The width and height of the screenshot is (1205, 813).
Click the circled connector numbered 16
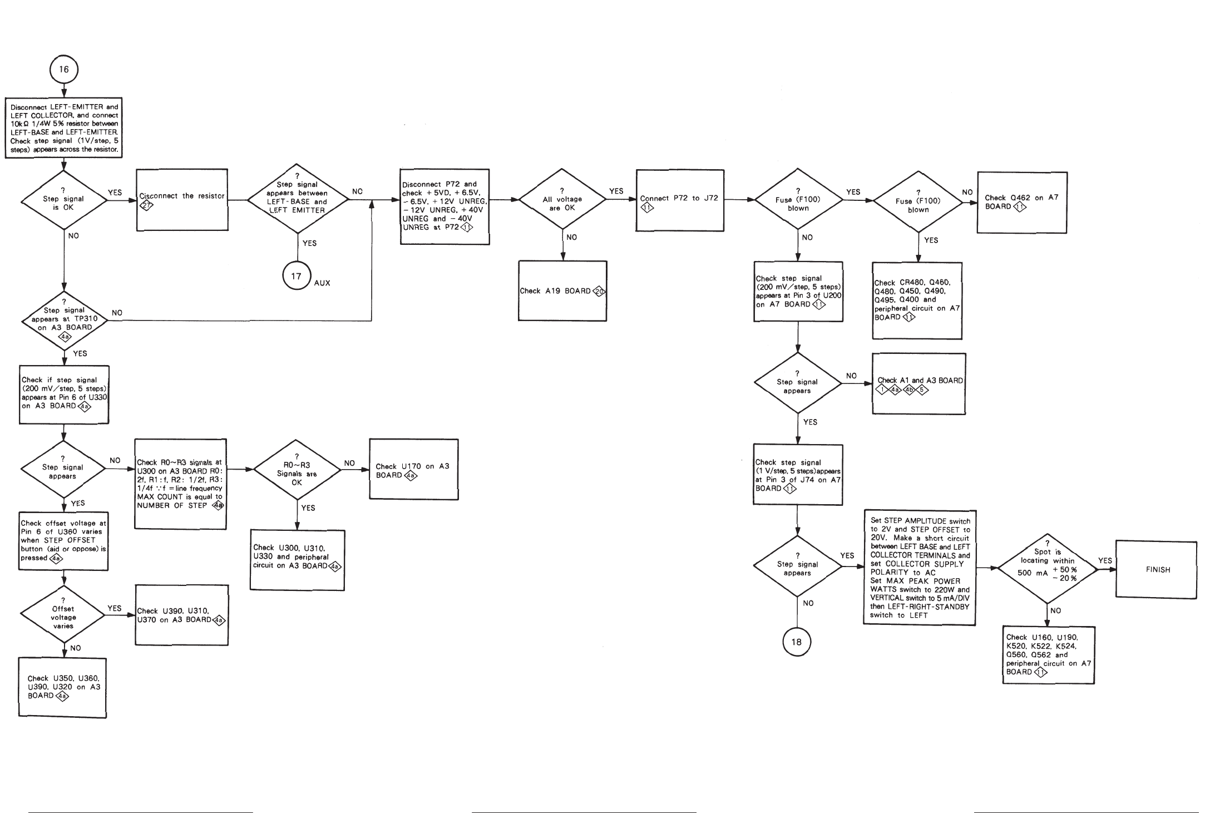64,70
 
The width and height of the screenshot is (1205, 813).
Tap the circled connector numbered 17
297,276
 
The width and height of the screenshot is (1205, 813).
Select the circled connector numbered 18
797,642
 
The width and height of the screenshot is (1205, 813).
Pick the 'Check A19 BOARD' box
562,291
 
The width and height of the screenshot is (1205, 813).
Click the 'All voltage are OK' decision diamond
562,199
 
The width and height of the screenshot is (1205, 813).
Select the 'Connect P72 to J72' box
679,200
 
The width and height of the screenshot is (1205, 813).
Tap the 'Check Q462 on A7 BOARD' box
1022,203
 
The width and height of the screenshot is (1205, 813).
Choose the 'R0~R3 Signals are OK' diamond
297,470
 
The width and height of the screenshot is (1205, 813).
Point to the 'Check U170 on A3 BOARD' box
413,470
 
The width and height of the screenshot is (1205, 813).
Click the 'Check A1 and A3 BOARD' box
919,384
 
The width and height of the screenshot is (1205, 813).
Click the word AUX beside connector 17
322,283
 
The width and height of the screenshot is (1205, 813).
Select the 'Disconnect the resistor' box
182,199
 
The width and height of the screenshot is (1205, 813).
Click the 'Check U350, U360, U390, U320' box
63,688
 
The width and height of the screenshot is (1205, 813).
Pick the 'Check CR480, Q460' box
917,300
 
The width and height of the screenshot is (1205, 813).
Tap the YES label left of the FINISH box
1105,560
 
